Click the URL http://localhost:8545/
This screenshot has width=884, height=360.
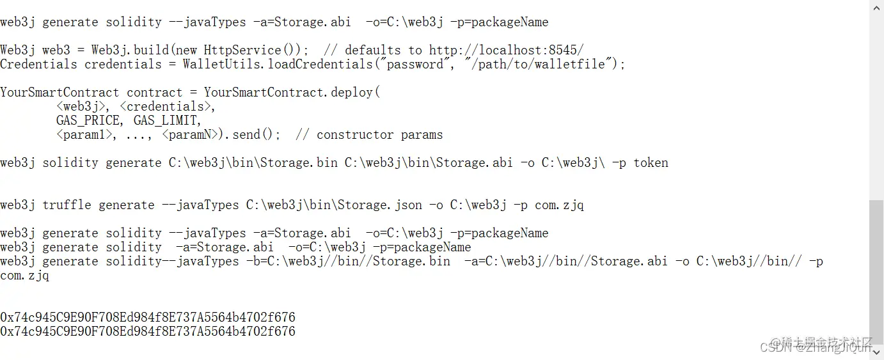[507, 50]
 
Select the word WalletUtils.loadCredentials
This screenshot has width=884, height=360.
[267, 64]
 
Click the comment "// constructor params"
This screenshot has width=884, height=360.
[369, 134]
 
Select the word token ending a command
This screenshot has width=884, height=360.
[651, 162]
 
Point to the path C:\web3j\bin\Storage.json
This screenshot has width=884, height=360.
[334, 205]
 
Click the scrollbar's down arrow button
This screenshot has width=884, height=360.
[876, 352]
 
